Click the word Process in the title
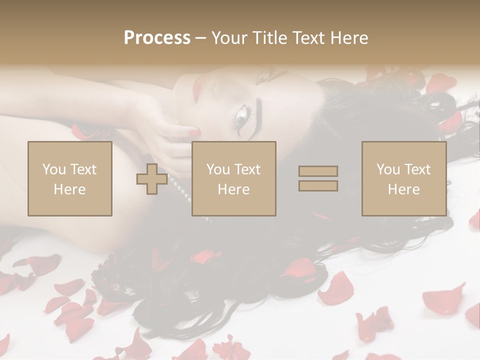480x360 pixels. (x=157, y=38)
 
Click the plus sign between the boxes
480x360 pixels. (x=152, y=179)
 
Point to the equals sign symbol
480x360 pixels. (x=318, y=178)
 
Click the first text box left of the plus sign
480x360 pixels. (x=70, y=179)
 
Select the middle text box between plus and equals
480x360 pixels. (x=233, y=179)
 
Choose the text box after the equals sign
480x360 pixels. (x=403, y=179)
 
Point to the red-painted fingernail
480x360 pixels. (x=193, y=132)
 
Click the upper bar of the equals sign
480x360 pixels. (x=318, y=171)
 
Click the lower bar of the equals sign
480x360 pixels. (x=318, y=185)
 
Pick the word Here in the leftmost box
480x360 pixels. (x=70, y=189)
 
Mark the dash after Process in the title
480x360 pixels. (x=200, y=38)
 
